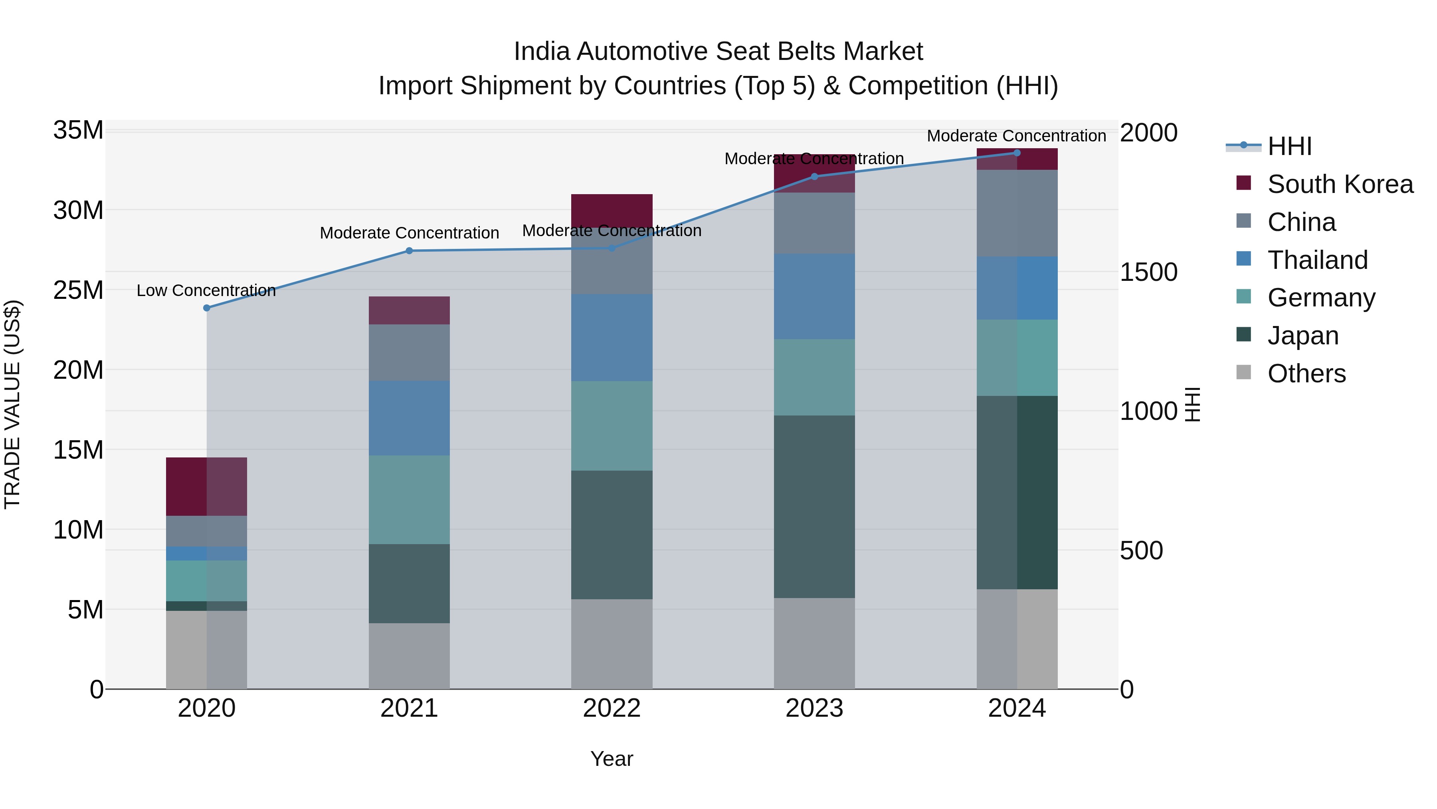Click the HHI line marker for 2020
tap(206, 308)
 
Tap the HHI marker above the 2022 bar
tap(612, 248)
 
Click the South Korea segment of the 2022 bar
tap(612, 209)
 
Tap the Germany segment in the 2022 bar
tap(612, 425)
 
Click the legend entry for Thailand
tap(1317, 260)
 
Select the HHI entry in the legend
tap(1289, 146)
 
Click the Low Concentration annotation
tap(206, 290)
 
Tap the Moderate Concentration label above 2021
tap(409, 233)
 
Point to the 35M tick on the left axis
tap(78, 130)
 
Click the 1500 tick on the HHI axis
tap(1148, 272)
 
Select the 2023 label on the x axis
tap(814, 708)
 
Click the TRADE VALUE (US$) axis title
tap(12, 404)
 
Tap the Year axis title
tap(612, 759)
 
